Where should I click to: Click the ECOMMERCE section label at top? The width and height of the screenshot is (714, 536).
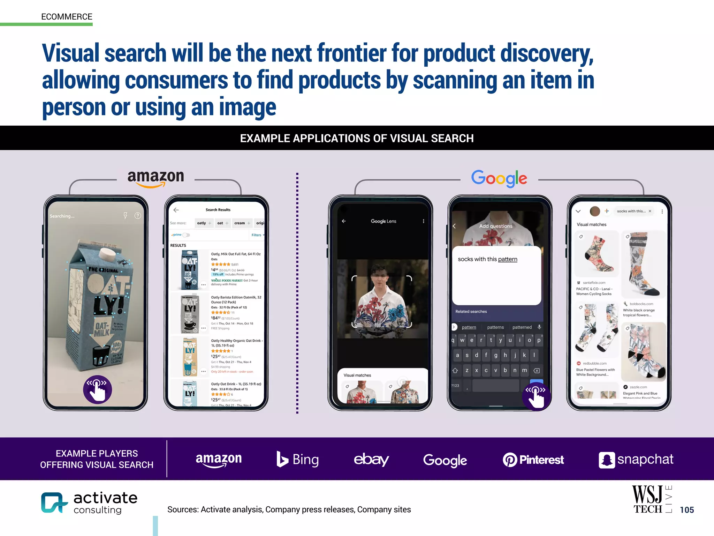(x=67, y=17)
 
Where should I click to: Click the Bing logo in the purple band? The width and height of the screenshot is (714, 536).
(x=297, y=459)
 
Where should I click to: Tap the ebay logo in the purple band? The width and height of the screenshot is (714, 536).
(x=371, y=459)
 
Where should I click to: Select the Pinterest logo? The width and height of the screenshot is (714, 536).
(x=533, y=460)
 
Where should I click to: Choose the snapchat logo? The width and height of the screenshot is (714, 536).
(x=636, y=460)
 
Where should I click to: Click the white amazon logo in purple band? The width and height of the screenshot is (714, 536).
(x=219, y=459)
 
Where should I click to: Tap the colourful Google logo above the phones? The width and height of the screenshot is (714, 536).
(x=499, y=179)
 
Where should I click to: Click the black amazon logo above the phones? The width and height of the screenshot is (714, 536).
(x=155, y=177)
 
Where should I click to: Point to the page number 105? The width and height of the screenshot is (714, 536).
(x=687, y=510)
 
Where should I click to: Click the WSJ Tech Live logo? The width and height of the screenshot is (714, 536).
(x=651, y=499)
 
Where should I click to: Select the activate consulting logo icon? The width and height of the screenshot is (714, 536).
(x=53, y=502)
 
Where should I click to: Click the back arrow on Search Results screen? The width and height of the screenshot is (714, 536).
(x=176, y=210)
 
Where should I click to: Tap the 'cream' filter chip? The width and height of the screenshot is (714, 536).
(x=240, y=223)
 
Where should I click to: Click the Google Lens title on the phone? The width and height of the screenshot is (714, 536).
(x=383, y=221)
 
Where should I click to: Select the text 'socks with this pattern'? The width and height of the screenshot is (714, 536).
(x=487, y=259)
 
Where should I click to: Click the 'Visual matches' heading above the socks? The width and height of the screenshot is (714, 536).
(x=591, y=224)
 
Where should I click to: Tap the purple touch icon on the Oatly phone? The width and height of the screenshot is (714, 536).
(x=97, y=389)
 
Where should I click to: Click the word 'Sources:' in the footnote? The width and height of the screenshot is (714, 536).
(x=183, y=509)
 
